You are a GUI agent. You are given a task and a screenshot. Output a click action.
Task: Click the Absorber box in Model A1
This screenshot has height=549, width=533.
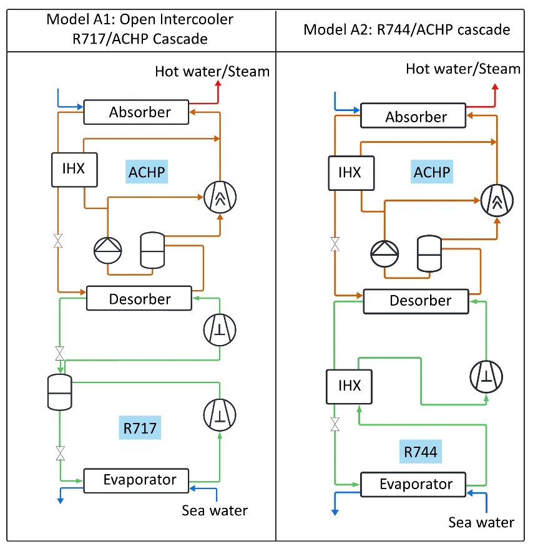coord(136,112)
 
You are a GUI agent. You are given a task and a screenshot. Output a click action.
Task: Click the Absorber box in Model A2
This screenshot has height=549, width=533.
coord(413,117)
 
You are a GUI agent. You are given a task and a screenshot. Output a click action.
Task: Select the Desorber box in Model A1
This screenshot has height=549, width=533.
coord(139,298)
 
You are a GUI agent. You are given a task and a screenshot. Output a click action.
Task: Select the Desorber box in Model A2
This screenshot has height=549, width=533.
coord(416,301)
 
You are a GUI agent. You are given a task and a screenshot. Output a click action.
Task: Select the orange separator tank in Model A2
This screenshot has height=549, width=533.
coord(429,253)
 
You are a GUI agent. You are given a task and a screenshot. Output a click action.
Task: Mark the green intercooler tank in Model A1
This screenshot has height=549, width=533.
coord(60,392)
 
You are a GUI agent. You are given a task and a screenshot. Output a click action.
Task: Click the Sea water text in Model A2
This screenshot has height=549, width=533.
coord(481,522)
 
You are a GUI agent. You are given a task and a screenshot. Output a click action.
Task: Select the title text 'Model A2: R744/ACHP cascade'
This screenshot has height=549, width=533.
coord(407,29)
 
